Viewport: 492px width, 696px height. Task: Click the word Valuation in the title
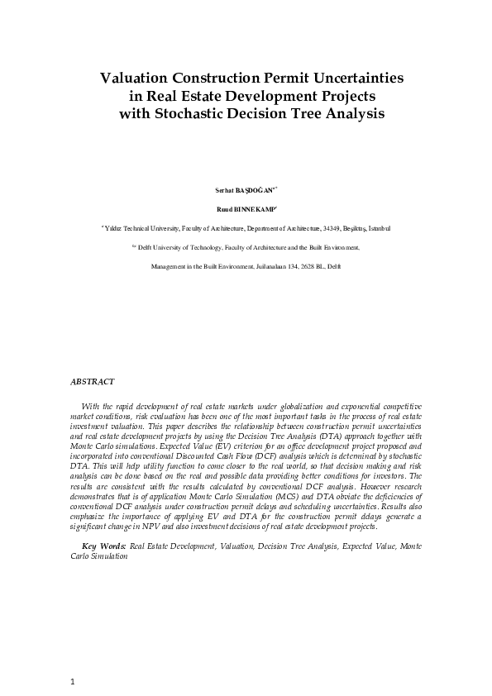click(132, 79)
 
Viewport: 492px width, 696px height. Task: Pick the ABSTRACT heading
click(92, 382)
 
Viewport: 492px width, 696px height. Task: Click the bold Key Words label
click(103, 546)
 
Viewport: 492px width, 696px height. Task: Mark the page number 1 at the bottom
click(73, 681)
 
